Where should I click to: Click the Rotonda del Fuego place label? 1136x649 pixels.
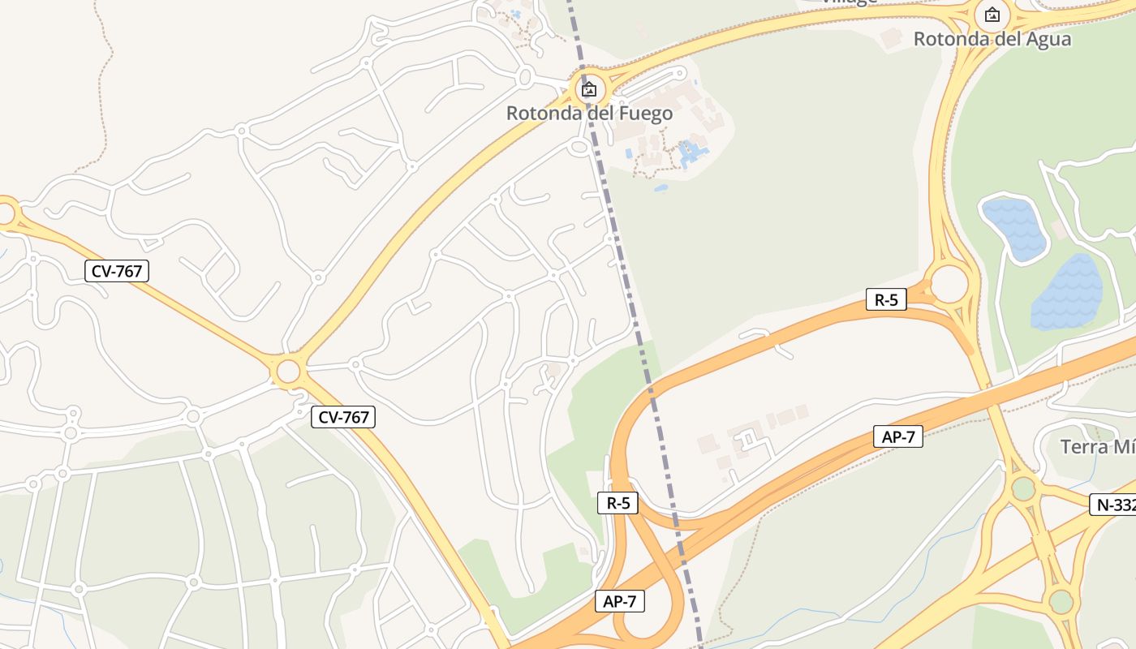click(x=589, y=113)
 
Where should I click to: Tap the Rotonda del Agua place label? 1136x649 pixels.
click(x=992, y=39)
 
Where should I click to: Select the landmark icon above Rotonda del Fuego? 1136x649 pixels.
click(x=589, y=89)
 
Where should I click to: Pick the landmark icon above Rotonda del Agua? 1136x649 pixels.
click(x=992, y=15)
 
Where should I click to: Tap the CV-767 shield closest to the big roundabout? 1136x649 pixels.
click(x=342, y=417)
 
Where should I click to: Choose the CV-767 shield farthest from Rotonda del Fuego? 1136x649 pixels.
click(x=117, y=271)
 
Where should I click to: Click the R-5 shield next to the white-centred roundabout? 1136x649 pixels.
click(x=886, y=299)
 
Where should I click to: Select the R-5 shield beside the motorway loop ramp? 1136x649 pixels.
click(x=617, y=503)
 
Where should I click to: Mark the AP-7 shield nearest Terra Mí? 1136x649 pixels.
click(x=898, y=436)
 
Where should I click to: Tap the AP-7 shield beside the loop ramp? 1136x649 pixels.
click(x=620, y=601)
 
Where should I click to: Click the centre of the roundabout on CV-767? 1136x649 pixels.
click(x=288, y=372)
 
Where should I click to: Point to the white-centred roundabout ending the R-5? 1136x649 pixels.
click(x=949, y=284)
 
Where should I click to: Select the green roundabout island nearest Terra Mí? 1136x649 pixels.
click(x=1024, y=488)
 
